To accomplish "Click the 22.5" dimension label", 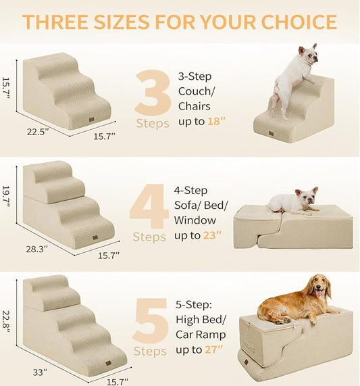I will click(38, 132).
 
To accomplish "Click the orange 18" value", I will click(214, 121).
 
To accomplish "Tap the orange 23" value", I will click(214, 236).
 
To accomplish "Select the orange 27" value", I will click(215, 349).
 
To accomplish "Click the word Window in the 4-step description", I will click(195, 220).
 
